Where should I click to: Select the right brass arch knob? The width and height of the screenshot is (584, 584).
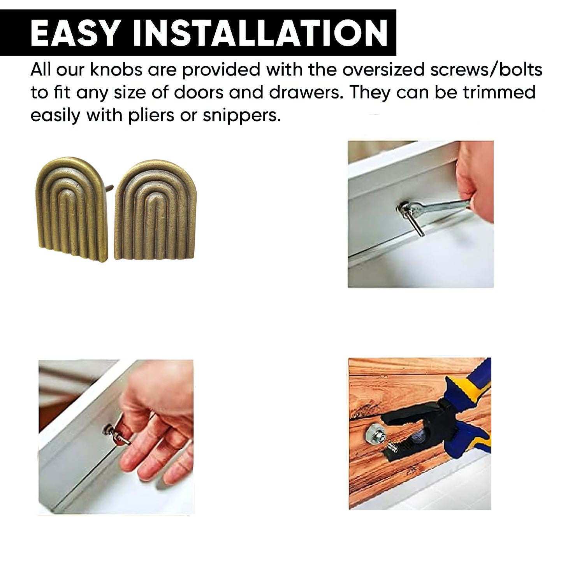point(155,209)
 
